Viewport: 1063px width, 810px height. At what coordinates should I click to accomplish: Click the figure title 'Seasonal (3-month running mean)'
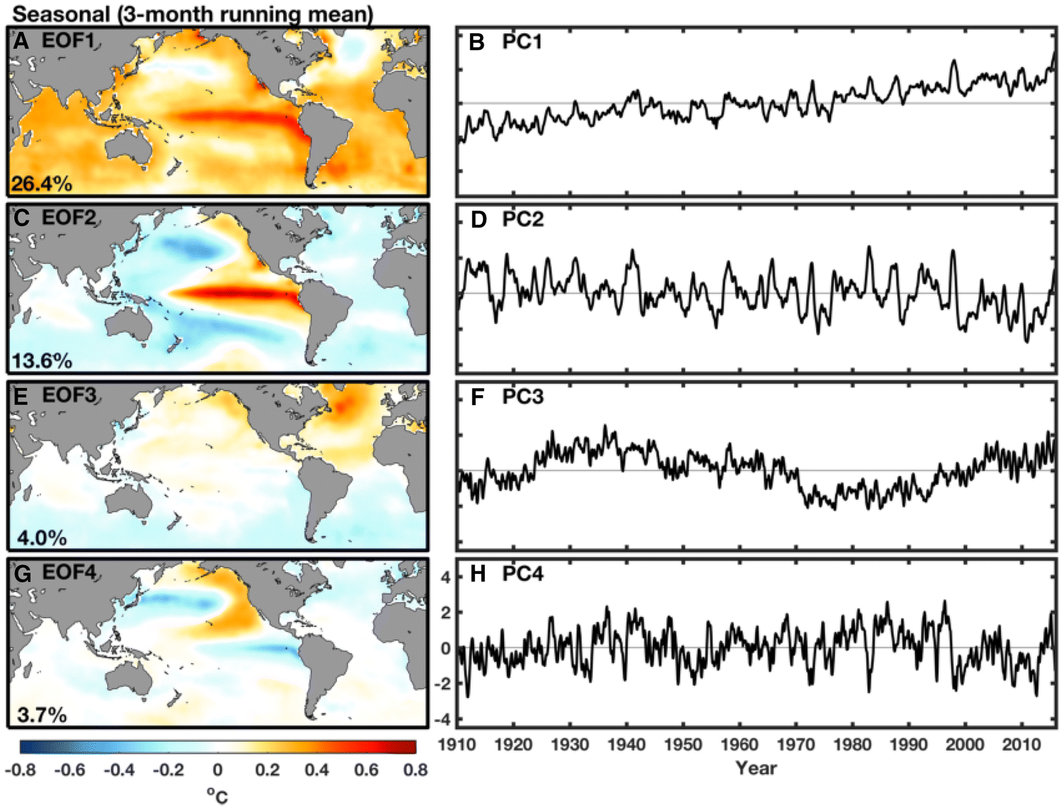coord(192,13)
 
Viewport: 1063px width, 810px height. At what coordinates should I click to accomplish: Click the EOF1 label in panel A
coord(68,40)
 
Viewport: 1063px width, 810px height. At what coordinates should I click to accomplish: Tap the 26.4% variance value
coord(42,184)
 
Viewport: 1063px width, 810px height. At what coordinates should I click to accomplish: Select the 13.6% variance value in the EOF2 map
coord(42,361)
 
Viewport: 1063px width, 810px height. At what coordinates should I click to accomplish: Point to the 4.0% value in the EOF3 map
coord(42,538)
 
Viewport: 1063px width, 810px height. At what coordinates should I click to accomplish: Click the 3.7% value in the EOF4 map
coord(42,715)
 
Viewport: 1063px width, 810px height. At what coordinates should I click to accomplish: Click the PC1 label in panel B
coord(522,42)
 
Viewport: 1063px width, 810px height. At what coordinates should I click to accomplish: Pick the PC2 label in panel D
coord(522,220)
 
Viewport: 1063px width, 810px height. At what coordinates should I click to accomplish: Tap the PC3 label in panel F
coord(522,397)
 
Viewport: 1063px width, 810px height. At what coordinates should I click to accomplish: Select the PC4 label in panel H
coord(522,574)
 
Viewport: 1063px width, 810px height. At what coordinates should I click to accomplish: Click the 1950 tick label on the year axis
coord(682,744)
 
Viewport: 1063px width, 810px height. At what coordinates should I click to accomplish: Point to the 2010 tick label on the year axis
coord(1021,744)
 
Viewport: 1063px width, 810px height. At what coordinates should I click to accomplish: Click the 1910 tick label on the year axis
coord(457,744)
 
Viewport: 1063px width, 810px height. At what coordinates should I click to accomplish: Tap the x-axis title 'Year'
coord(756,768)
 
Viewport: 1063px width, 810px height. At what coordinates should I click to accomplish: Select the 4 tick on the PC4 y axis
coord(445,578)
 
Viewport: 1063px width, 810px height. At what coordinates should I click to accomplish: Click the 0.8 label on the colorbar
coord(415,770)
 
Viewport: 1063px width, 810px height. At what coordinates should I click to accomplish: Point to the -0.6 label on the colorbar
coord(70,770)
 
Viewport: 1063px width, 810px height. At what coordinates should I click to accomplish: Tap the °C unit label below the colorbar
coord(217,796)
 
